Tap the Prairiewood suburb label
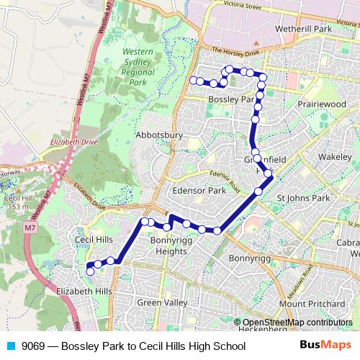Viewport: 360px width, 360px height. [x=322, y=104]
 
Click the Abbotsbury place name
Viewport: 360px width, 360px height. [x=159, y=135]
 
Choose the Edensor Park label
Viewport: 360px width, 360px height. [x=199, y=191]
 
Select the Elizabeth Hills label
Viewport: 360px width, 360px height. [x=84, y=290]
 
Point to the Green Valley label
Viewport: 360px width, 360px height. [x=161, y=302]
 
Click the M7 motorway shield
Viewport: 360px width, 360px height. [x=29, y=228]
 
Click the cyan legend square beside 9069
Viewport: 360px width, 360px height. [x=10, y=346]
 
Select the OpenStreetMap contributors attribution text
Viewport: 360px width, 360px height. [x=297, y=322]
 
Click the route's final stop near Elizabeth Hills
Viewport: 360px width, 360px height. [x=90, y=271]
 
